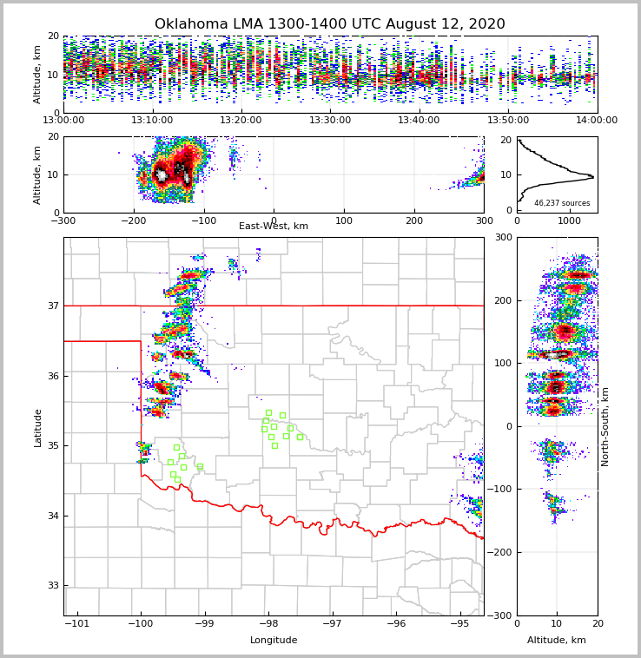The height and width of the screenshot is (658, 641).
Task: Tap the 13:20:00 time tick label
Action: point(241,121)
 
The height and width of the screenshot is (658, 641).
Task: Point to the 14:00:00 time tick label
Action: point(597,121)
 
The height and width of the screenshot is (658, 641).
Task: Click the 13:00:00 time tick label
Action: point(63,121)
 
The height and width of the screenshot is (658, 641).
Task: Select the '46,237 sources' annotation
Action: point(561,203)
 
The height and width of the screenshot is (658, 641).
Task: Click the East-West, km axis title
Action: point(274,227)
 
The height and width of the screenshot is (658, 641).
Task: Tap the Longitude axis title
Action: point(274,641)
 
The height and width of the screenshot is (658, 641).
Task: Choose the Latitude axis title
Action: point(38,427)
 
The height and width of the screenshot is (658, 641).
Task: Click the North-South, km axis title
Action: point(605,426)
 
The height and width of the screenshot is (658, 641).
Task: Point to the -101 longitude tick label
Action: point(77,624)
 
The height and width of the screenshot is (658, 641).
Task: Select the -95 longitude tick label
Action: point(459,624)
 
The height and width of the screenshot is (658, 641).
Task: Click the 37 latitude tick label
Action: point(53,306)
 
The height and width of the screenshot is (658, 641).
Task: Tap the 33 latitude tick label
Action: point(53,585)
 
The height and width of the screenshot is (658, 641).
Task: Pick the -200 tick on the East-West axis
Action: point(133,220)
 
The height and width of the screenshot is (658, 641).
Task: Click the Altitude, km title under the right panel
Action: point(557,641)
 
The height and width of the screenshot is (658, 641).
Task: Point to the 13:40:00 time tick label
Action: point(419,121)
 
